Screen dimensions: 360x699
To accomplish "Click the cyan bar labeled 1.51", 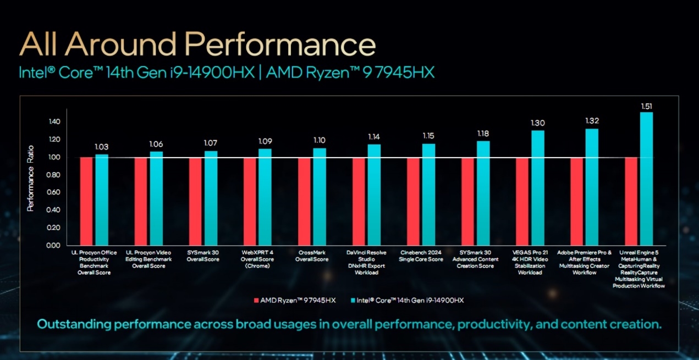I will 646,179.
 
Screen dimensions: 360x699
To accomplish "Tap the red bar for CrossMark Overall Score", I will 305,201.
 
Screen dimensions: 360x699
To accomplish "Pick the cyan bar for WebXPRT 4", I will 265,197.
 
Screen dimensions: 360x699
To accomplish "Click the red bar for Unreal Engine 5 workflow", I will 631,201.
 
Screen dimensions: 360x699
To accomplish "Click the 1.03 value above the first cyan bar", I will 102,147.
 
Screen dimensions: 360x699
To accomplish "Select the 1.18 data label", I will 483,134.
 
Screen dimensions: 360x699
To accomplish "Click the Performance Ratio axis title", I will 31,178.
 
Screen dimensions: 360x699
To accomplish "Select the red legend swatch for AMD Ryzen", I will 256,300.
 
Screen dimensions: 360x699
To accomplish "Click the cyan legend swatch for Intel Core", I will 351,300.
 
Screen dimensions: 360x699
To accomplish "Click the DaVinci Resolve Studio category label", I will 367,262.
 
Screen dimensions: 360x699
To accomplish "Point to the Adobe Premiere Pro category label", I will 584,262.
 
